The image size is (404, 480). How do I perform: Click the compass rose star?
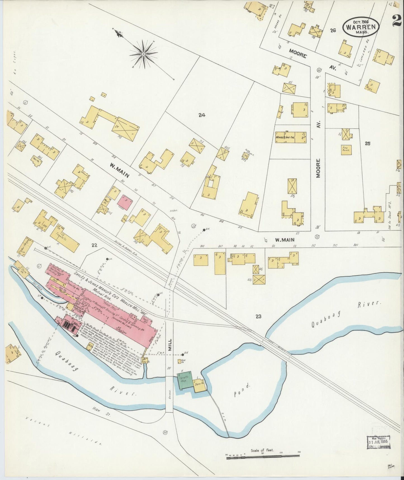click(143, 54)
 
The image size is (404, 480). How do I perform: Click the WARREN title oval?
click(361, 27)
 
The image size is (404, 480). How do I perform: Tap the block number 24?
click(202, 115)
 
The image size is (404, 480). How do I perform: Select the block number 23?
click(258, 316)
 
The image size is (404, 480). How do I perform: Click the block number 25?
click(367, 143)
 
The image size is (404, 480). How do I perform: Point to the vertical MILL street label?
click(170, 342)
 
